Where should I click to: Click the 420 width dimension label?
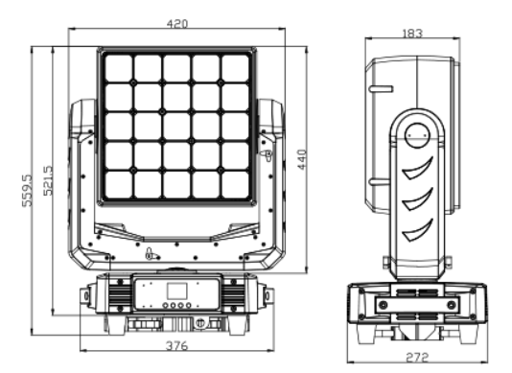(177, 24)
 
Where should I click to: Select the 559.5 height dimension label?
(28, 191)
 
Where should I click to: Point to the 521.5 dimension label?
(48, 180)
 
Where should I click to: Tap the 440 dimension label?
(302, 160)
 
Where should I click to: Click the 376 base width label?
(177, 345)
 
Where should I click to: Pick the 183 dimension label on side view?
(412, 34)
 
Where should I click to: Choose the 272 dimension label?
(417, 357)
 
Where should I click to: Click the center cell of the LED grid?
(176, 127)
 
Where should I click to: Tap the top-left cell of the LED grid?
(119, 68)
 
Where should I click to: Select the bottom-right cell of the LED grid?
(235, 184)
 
